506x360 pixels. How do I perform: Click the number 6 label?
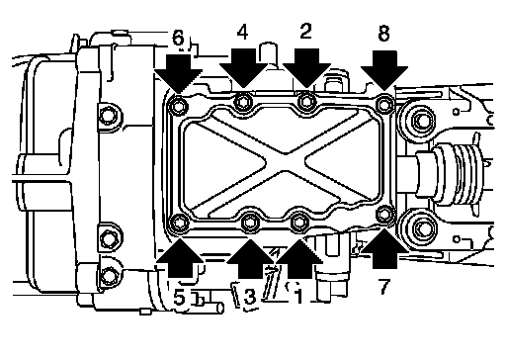click(178, 38)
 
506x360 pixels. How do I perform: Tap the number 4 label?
click(242, 32)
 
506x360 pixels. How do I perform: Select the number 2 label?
click(305, 32)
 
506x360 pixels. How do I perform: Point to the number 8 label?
click(383, 34)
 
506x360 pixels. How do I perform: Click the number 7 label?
click(384, 287)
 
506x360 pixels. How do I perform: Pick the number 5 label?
click(180, 299)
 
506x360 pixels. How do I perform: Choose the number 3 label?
click(250, 297)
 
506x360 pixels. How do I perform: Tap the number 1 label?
click(298, 296)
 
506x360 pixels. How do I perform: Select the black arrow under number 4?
click(243, 68)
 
